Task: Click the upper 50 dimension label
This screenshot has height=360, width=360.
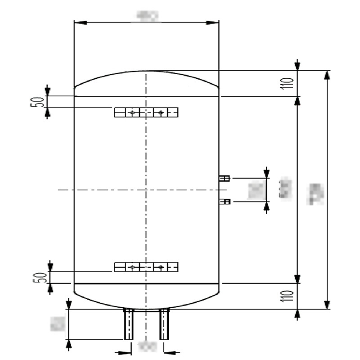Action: point(39,101)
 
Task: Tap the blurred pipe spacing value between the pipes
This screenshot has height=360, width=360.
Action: point(146,347)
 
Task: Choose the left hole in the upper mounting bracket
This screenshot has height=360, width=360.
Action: point(132,112)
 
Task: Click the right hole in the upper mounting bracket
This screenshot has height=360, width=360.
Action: point(160,112)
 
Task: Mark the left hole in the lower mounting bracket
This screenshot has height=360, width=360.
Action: point(132,267)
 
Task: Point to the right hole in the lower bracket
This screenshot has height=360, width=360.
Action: point(160,267)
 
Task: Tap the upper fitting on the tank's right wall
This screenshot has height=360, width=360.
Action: point(224,179)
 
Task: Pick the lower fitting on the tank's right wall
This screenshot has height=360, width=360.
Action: point(224,202)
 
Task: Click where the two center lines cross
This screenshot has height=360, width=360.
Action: point(146,190)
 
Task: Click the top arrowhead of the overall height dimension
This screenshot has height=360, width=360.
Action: point(327,75)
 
